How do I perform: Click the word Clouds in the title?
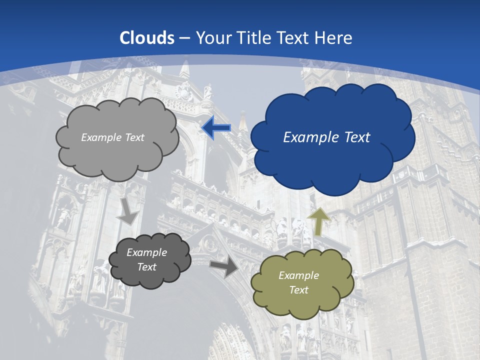point(147,38)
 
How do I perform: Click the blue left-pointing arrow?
point(216,128)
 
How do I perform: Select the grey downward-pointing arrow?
point(128,211)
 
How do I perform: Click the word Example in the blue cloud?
point(308,137)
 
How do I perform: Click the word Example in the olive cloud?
point(298,275)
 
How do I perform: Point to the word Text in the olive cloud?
point(298,290)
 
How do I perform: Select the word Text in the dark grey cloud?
point(146,267)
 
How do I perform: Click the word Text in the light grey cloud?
point(134,137)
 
